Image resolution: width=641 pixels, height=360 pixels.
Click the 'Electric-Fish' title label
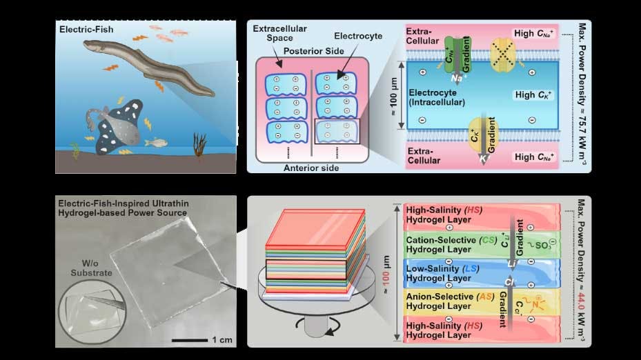point(86,30)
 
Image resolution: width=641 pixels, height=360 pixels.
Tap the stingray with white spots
point(117,127)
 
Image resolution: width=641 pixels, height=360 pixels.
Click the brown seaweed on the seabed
point(199,146)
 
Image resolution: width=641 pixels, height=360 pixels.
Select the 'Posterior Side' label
point(313,51)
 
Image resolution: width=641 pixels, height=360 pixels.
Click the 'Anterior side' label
point(311,168)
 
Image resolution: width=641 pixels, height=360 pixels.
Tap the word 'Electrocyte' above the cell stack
point(358,36)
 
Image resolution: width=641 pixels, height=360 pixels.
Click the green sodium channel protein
point(457,56)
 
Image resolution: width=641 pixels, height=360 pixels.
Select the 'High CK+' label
point(533,94)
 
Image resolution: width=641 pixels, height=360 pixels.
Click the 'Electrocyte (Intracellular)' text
point(437,98)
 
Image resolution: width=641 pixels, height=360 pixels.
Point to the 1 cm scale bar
point(190,340)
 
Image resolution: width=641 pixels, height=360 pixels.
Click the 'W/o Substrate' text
point(91,268)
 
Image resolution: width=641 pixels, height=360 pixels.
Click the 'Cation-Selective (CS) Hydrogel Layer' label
point(451,245)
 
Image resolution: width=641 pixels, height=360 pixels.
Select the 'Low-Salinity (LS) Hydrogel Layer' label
point(442,273)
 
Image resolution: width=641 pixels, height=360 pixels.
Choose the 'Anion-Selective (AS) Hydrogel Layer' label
point(450,301)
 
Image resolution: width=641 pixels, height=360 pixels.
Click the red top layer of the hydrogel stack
point(315,227)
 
